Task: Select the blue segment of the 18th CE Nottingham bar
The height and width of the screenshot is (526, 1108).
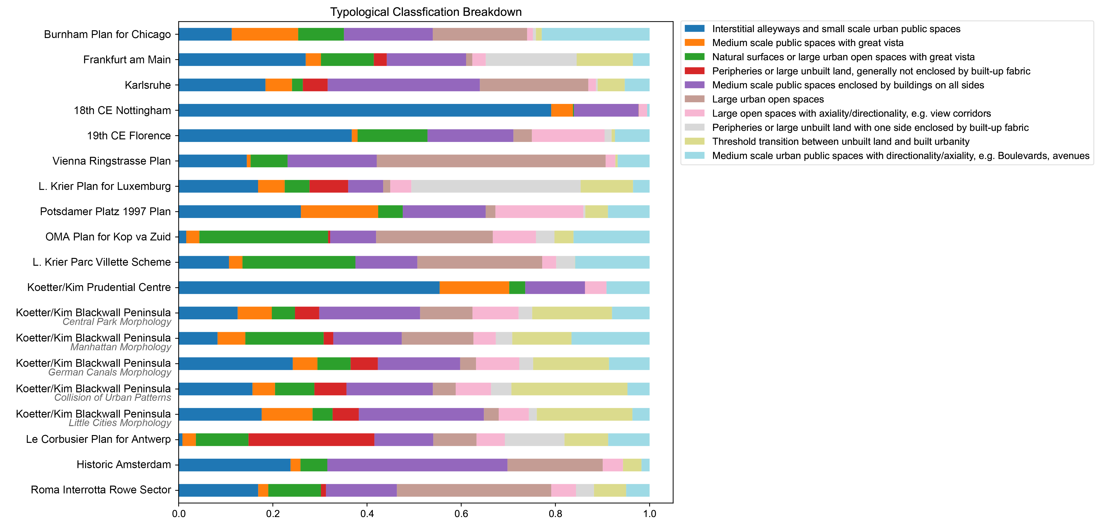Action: pos(365,111)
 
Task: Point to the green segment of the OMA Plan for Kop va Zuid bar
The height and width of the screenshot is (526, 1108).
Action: pos(264,237)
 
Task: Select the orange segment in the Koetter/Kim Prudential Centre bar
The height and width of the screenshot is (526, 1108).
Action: pos(474,287)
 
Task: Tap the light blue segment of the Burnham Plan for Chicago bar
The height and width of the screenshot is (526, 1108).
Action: pos(595,34)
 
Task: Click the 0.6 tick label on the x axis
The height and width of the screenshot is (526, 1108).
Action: pos(461,514)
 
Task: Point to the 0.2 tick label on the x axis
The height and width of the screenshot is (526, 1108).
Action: pos(273,514)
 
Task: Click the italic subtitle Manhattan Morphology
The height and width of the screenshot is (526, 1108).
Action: pos(121,347)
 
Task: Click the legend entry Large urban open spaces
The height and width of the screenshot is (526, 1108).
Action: pos(767,99)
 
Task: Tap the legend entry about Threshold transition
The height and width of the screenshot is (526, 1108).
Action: pos(840,142)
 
